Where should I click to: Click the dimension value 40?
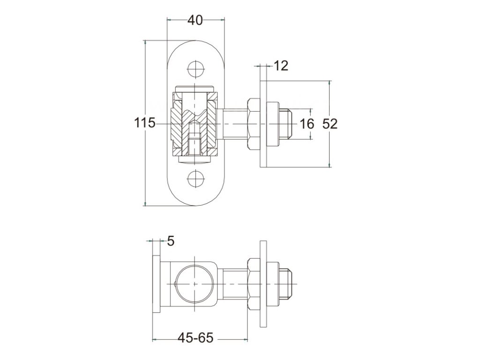coord(195,20)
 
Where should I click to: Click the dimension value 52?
coord(330,124)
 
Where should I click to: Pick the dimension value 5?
coord(170,241)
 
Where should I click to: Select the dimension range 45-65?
coord(195,337)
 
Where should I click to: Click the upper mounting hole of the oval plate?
coord(195,69)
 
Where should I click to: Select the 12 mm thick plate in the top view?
coord(263,124)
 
